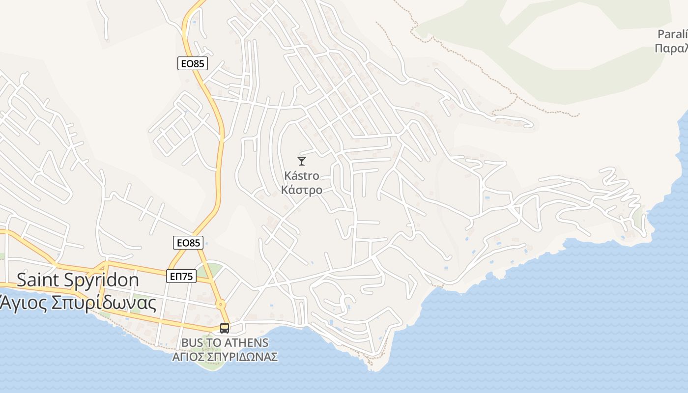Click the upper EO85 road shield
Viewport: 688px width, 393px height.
click(x=192, y=63)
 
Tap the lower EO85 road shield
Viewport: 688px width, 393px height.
click(x=188, y=242)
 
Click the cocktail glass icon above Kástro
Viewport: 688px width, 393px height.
click(x=302, y=161)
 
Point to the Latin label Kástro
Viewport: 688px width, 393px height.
click(x=302, y=175)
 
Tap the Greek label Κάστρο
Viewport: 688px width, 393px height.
click(x=302, y=190)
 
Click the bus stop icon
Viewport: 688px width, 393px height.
click(x=225, y=328)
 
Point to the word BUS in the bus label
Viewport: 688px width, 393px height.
click(x=192, y=342)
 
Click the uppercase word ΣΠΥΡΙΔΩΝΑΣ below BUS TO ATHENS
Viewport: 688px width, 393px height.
click(x=245, y=357)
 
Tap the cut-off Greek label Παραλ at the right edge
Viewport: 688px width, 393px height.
click(x=672, y=49)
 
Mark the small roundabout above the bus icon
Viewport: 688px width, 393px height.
click(x=221, y=304)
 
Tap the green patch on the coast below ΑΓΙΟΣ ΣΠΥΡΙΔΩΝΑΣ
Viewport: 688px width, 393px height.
click(x=212, y=365)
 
